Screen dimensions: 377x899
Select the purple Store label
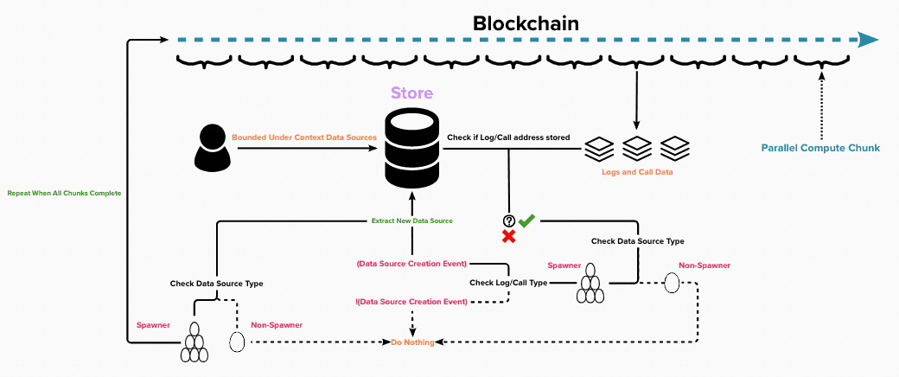pyautogui.click(x=412, y=93)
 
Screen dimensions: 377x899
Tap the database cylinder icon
pyautogui.click(x=412, y=151)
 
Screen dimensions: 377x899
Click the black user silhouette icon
pyautogui.click(x=212, y=148)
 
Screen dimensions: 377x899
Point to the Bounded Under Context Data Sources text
pyautogui.click(x=305, y=137)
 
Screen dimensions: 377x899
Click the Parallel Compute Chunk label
pyautogui.click(x=820, y=148)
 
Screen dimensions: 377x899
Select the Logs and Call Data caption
pyautogui.click(x=637, y=172)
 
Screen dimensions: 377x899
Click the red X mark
pyautogui.click(x=509, y=236)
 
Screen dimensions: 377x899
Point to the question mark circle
pyautogui.click(x=509, y=221)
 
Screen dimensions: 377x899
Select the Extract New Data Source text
pyautogui.click(x=412, y=220)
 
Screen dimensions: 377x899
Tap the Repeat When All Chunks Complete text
pyautogui.click(x=64, y=193)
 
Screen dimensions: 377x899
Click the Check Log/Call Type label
pyautogui.click(x=508, y=283)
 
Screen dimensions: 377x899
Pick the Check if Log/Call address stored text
pyautogui.click(x=508, y=137)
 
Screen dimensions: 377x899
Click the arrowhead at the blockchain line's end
pyautogui.click(x=867, y=40)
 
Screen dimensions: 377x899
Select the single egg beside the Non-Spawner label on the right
pyautogui.click(x=672, y=283)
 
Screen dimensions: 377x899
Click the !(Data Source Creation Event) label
pyautogui.click(x=411, y=302)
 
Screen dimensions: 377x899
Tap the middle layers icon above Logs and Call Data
pyautogui.click(x=637, y=148)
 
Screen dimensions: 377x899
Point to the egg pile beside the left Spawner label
pyautogui.click(x=194, y=344)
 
